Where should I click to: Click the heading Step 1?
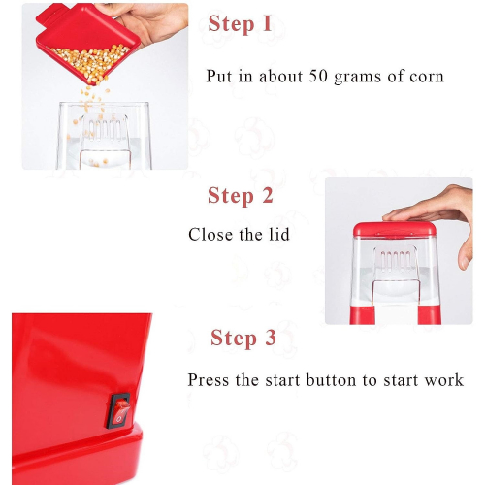[x=240, y=24]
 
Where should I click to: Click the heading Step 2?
[x=241, y=196]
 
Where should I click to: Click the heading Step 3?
[x=243, y=338]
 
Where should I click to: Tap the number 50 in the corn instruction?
[x=318, y=76]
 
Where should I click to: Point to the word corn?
[x=427, y=77]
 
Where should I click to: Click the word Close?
[x=210, y=235]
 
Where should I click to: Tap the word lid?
[x=279, y=234]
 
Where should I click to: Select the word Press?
[x=209, y=380]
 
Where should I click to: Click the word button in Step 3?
[x=331, y=380]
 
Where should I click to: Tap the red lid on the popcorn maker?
[x=395, y=229]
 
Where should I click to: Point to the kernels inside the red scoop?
[x=90, y=61]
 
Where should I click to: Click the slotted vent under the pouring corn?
[x=104, y=129]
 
